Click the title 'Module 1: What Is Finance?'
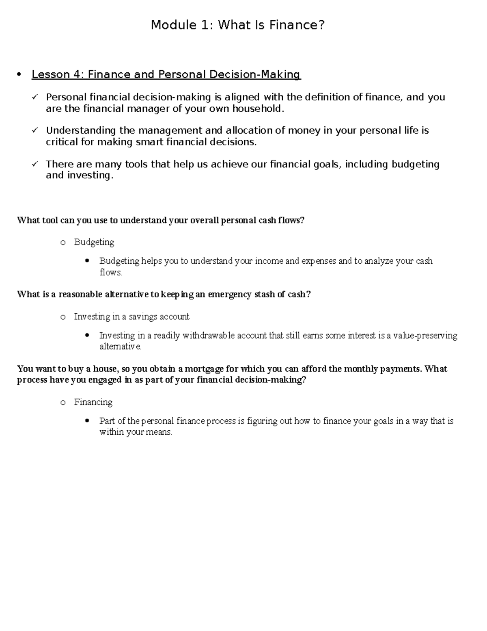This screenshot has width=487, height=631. coord(238,26)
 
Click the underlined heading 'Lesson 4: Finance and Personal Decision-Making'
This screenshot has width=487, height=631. coord(166,75)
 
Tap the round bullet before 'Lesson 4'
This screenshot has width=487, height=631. coord(19,75)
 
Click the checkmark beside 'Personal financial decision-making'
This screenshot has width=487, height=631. coord(35,97)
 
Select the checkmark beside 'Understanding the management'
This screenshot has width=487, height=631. coord(35,130)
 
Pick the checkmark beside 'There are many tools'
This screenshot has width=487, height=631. coord(35,164)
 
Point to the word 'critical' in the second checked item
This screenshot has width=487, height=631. coord(62,142)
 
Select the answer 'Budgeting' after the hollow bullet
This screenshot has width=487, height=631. coord(94,242)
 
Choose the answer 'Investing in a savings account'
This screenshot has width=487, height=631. coord(131,317)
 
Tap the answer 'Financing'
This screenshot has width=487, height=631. coord(93,402)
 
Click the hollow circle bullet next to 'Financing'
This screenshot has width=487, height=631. coord(62,403)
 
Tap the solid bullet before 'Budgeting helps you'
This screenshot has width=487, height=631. coord(87,261)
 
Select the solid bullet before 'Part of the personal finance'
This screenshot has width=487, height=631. coord(87,421)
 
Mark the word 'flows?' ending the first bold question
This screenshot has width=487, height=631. coord(291,220)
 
